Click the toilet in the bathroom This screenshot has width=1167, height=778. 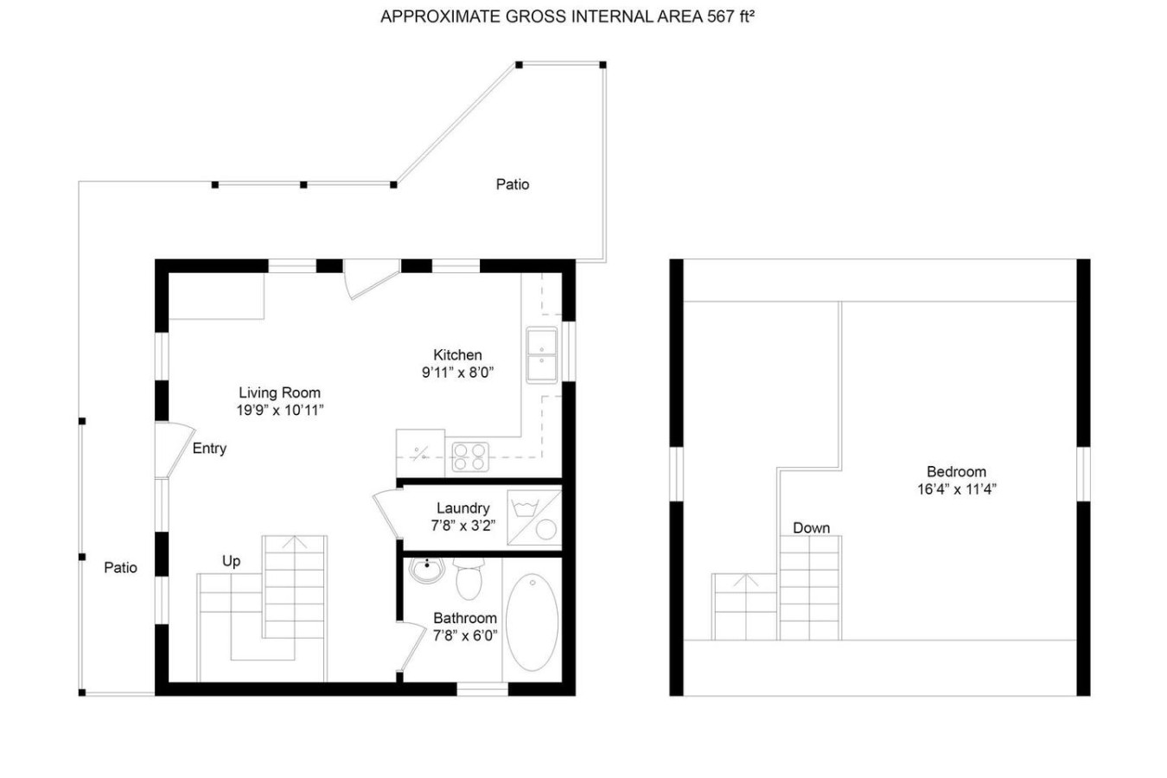[x=469, y=578]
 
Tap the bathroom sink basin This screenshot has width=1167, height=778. [x=427, y=570]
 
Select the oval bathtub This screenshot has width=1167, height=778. [x=532, y=622]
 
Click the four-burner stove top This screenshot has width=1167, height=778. [x=470, y=457]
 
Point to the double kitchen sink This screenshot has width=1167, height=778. [x=541, y=355]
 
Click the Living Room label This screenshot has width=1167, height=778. [x=280, y=392]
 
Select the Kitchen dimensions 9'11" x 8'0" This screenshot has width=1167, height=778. [x=457, y=373]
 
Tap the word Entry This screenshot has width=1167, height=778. [x=209, y=448]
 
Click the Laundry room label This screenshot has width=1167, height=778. [x=462, y=508]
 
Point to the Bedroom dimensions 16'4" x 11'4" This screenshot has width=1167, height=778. [x=957, y=489]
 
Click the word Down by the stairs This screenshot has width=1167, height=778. [x=811, y=528]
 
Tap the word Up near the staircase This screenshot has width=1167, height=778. [x=232, y=561]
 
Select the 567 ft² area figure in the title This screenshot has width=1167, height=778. [x=730, y=16]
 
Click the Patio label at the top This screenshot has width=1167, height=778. [x=512, y=184]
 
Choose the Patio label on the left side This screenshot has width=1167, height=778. [x=120, y=567]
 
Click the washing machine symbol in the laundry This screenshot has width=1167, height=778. [x=534, y=518]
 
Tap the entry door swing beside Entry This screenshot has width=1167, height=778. [x=175, y=450]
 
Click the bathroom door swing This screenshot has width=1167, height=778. [x=411, y=647]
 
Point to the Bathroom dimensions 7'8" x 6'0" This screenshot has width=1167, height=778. [x=465, y=635]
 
